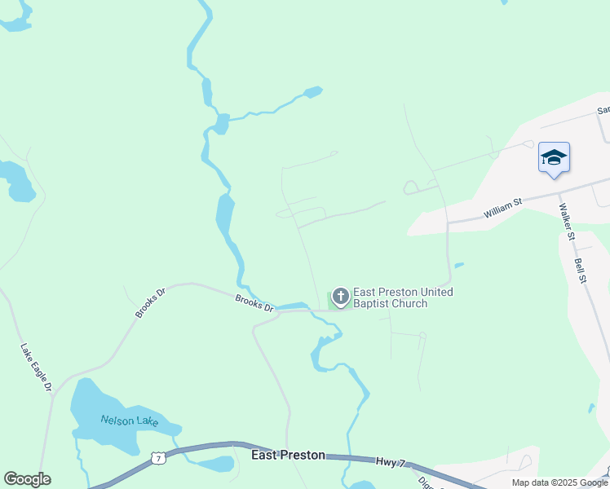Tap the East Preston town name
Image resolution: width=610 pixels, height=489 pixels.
click(x=288, y=456)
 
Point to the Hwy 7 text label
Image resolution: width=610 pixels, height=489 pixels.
click(x=390, y=462)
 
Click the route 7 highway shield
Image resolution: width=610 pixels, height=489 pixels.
click(x=159, y=459)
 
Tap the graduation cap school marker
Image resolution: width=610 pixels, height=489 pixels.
click(x=554, y=157)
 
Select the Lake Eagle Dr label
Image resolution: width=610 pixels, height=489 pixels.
click(x=36, y=368)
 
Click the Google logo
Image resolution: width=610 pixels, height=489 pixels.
click(x=27, y=479)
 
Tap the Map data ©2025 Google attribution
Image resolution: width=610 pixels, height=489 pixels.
click(x=559, y=482)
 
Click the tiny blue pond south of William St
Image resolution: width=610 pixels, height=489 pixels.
click(x=459, y=265)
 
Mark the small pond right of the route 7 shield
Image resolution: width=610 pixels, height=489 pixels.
click(x=216, y=465)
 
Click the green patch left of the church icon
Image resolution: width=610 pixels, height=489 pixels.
click(x=330, y=301)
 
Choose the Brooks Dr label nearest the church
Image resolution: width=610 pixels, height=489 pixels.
click(x=254, y=302)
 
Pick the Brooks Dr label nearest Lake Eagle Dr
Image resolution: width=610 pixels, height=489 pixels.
click(x=149, y=301)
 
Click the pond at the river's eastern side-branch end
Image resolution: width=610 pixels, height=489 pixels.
click(x=313, y=91)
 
